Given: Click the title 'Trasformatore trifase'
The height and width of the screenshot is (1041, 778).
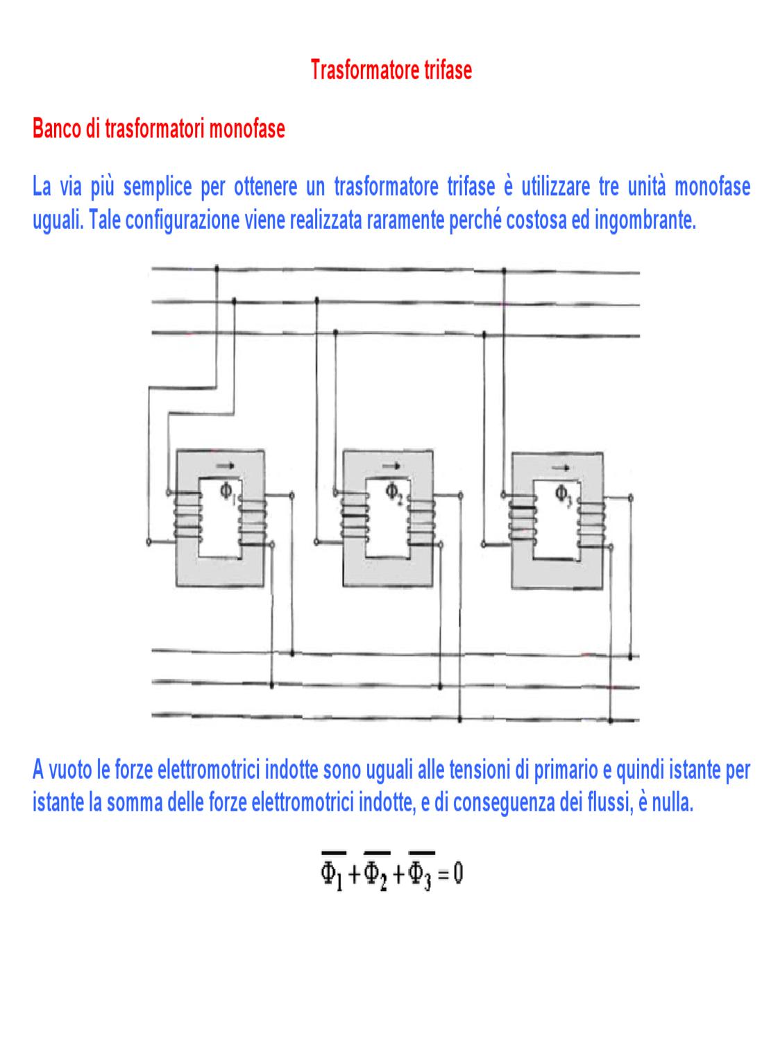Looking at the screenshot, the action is pos(391,70).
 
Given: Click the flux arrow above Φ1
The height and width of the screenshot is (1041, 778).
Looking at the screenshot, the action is pos(225,466).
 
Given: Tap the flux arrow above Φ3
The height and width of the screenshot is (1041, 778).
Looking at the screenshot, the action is pos(560,468).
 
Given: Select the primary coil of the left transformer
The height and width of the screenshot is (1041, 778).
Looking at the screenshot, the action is pos(188,518).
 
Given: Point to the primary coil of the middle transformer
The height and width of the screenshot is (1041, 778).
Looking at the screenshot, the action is pos(354,518).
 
